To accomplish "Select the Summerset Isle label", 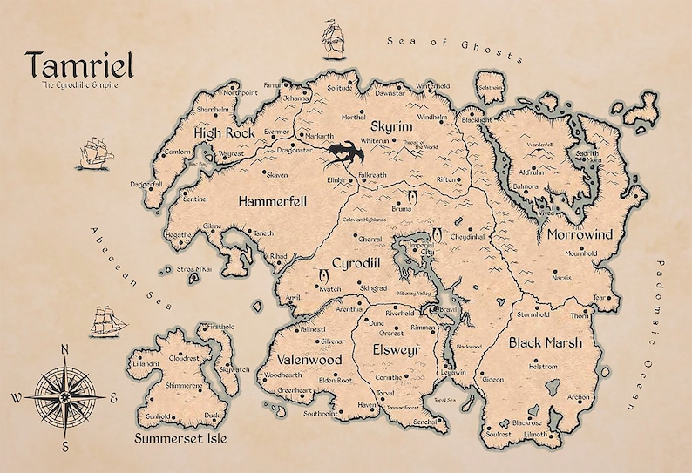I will pos(180,438).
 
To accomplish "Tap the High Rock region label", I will pos(225,133).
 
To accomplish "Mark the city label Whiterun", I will pos(375,140).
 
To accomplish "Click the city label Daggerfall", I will pos(146,185).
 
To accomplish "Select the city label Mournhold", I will pos(581,254).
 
